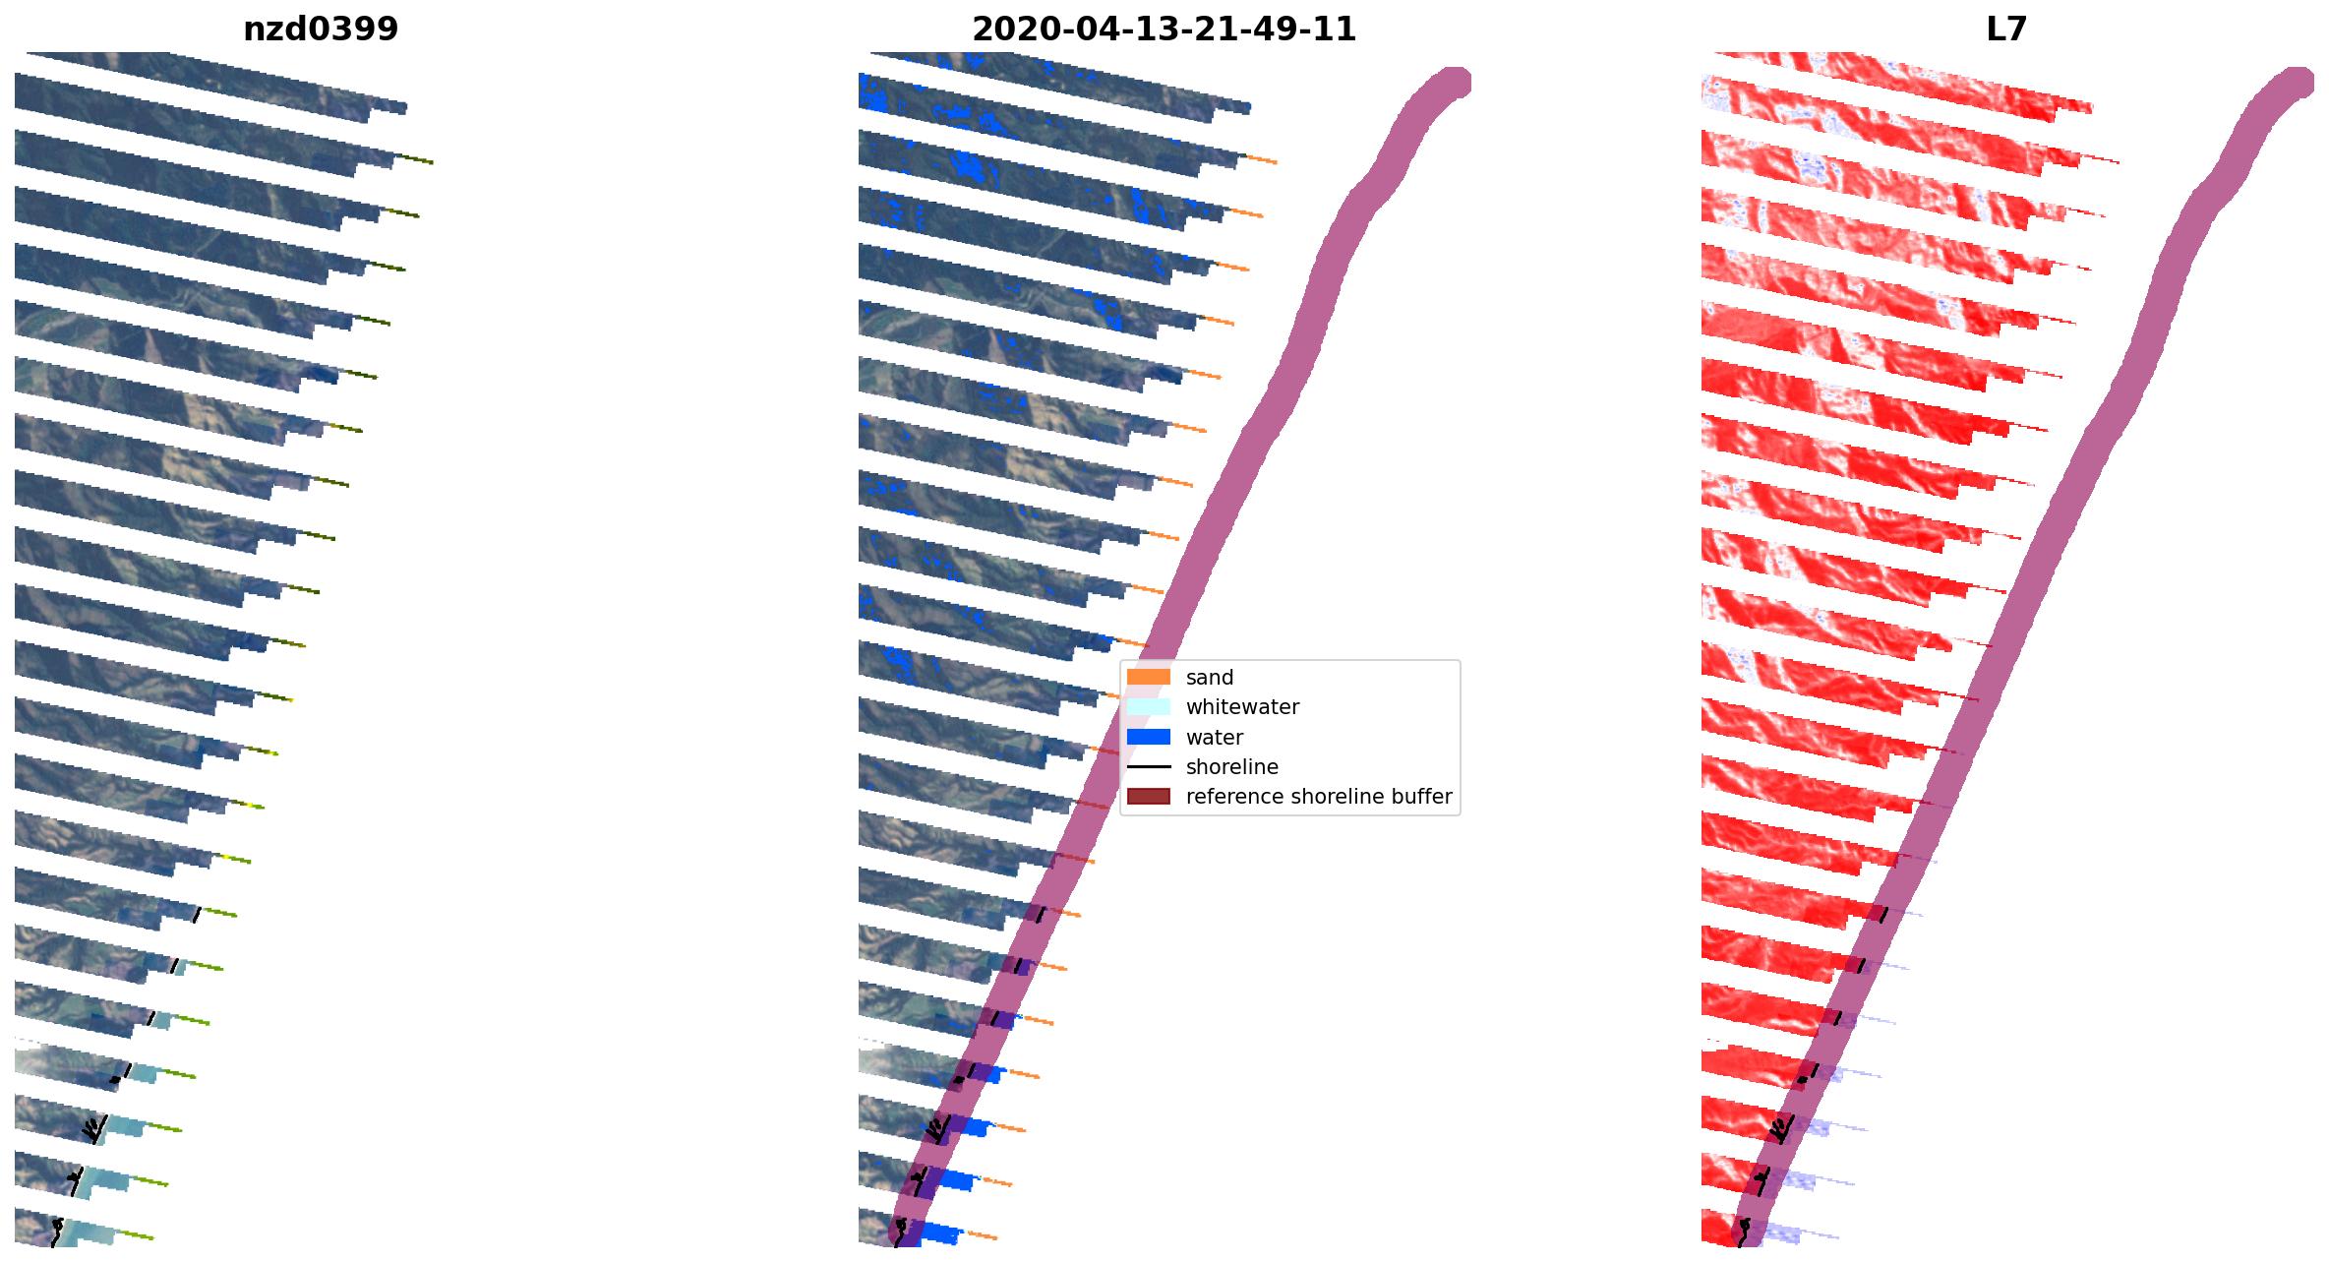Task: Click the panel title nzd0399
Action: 321,30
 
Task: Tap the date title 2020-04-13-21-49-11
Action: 1164,30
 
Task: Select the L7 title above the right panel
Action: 2006,30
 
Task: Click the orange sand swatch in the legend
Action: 1148,677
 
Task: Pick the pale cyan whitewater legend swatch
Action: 1148,706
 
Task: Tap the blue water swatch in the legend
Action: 1148,737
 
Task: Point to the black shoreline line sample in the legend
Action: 1148,766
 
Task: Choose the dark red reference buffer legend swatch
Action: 1148,796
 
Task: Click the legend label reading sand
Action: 1210,678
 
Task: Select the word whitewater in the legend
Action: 1242,707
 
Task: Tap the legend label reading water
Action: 1215,738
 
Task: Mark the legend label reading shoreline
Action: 1232,767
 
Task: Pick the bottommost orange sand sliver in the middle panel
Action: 982,1234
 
